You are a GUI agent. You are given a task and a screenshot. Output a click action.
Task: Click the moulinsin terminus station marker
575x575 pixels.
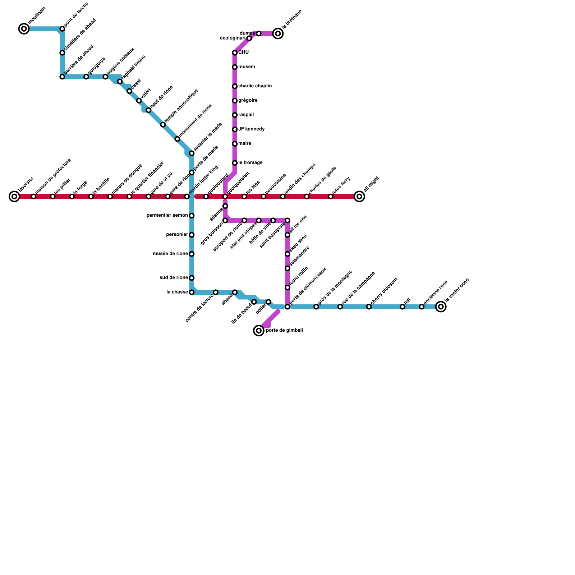click(24, 29)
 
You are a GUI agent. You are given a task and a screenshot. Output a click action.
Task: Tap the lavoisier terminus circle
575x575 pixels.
click(14, 197)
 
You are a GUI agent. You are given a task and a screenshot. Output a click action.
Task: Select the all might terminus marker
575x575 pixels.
click(359, 197)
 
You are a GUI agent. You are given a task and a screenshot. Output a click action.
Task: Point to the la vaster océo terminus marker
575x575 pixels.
click(441, 307)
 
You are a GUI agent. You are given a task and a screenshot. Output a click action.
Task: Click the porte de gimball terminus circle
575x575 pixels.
click(259, 330)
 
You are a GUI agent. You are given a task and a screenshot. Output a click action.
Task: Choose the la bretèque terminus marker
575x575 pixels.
click(278, 33)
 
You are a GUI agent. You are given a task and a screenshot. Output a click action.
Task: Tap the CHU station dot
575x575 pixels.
click(235, 53)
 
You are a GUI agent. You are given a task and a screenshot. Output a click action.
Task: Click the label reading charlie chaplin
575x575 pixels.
click(255, 86)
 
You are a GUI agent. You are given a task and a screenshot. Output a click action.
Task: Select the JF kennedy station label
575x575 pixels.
click(251, 129)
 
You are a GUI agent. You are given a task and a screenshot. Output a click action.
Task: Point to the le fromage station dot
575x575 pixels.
click(235, 163)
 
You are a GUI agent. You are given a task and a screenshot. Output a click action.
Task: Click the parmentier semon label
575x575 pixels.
click(167, 216)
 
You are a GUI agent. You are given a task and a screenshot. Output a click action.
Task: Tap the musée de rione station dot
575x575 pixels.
click(192, 254)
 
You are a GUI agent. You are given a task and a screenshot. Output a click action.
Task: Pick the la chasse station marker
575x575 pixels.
click(192, 292)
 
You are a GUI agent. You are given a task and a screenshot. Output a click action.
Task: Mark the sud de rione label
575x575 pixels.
click(174, 278)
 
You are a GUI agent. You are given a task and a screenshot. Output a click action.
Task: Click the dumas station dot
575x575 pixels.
click(259, 33)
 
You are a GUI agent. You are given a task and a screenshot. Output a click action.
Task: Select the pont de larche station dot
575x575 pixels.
click(62, 29)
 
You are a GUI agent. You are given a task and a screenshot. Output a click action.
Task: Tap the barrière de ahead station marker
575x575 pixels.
click(62, 77)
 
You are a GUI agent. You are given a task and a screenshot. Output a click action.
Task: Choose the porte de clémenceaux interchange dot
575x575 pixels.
click(287, 307)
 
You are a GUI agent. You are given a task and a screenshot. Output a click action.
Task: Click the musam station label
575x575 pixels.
click(247, 67)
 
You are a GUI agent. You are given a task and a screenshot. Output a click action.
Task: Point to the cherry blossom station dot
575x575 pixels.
click(369, 307)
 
